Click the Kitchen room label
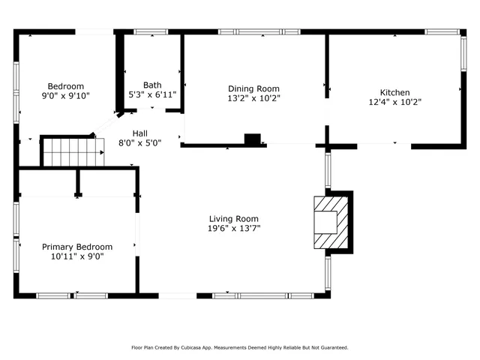[394, 92]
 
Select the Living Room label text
[234, 218]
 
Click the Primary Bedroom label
[77, 247]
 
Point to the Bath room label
[152, 85]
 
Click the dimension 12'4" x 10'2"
[394, 102]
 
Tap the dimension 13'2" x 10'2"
[253, 98]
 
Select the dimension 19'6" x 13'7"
[234, 228]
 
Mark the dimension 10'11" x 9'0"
[77, 256]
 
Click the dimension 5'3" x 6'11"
[152, 95]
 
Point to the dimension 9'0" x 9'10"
[66, 96]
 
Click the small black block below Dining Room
[253, 139]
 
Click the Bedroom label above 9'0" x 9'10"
[66, 86]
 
